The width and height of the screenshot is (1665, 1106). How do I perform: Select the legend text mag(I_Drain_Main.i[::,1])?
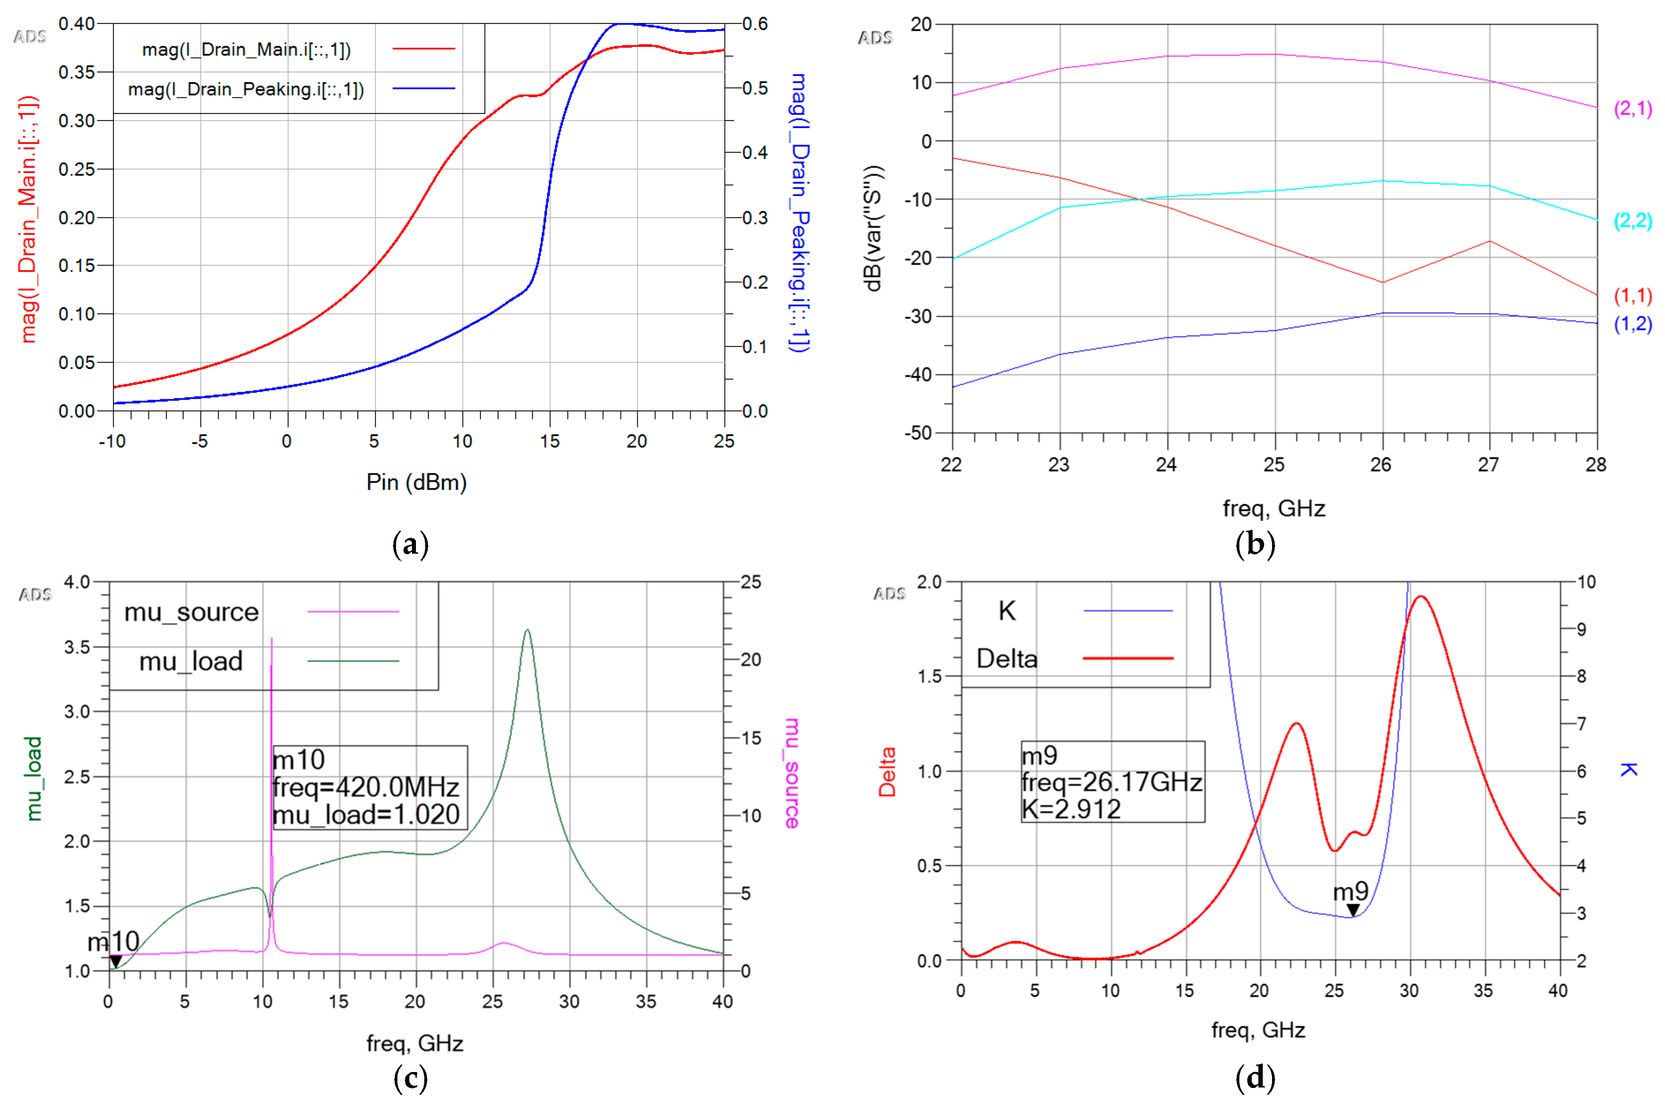click(x=246, y=49)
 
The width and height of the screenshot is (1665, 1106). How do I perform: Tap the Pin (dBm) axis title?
click(x=416, y=483)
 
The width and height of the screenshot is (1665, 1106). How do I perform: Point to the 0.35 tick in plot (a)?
click(x=76, y=72)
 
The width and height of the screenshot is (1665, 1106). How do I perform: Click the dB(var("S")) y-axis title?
click(x=873, y=228)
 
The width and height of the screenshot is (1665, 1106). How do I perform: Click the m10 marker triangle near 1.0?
click(x=116, y=961)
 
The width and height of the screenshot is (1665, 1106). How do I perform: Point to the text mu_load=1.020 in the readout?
click(x=366, y=815)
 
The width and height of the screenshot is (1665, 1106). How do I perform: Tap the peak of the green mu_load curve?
click(x=528, y=630)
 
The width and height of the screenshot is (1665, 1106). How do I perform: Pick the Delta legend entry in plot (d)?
click(x=1006, y=659)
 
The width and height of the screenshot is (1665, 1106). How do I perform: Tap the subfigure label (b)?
click(x=1255, y=544)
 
